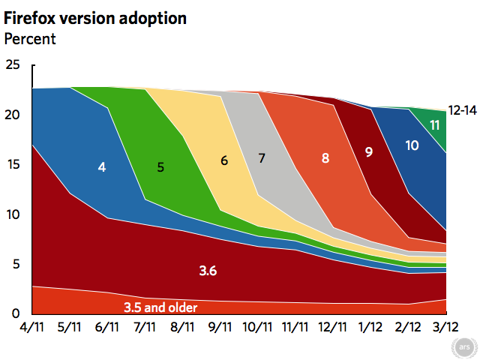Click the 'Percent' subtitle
point(31,38)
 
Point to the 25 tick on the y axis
point(13,66)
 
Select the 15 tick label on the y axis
point(13,165)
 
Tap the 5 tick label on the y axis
point(16,264)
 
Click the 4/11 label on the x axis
point(33,327)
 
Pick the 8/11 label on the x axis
point(182,327)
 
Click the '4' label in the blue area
point(101,167)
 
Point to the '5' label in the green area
point(160,167)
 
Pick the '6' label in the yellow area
point(224,160)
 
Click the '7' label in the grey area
point(262,157)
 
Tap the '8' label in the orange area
point(325,158)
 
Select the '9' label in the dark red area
point(369,152)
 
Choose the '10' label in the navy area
point(412,145)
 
